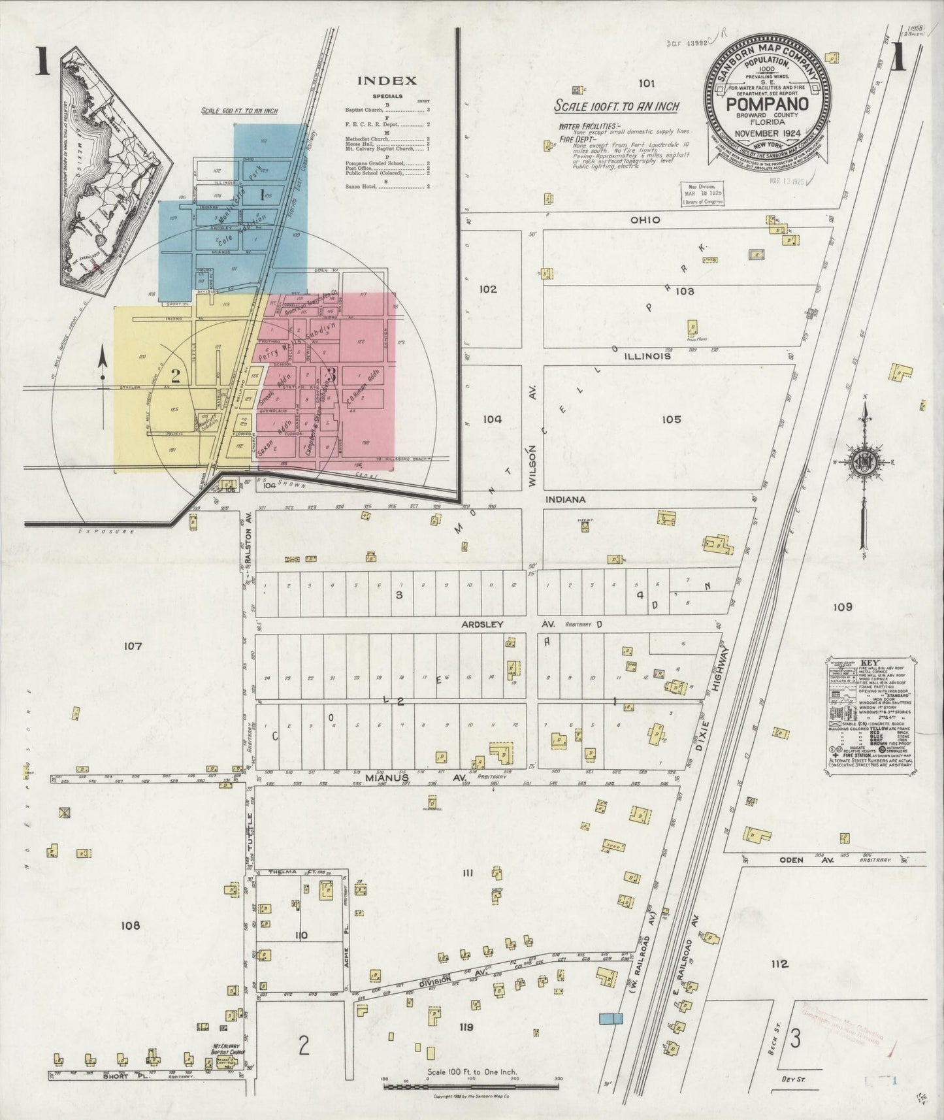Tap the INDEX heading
click(386, 81)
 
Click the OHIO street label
click(645, 220)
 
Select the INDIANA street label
click(566, 499)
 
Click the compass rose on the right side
click(864, 461)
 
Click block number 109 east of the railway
click(843, 607)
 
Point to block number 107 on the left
click(132, 646)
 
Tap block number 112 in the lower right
click(779, 964)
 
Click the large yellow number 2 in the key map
click(175, 376)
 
